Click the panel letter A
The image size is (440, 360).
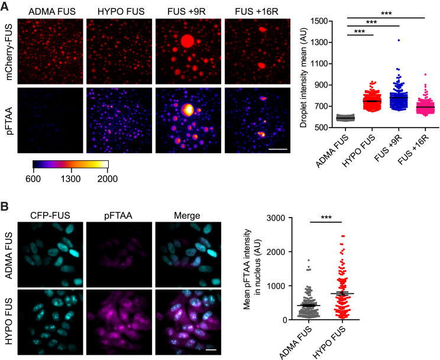click(x=5, y=6)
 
